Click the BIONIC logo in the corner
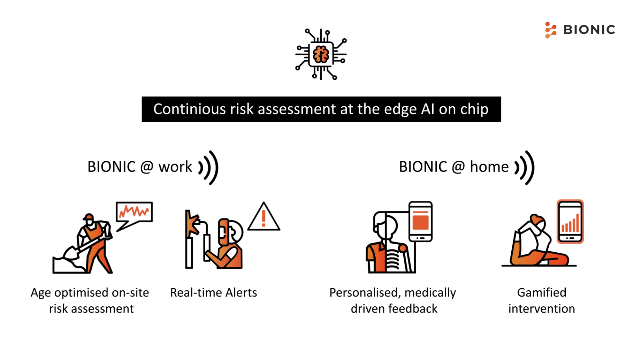pos(580,30)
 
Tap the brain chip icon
pos(321,54)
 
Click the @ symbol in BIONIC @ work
pos(147,167)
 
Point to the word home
pos(489,167)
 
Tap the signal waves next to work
pos(209,168)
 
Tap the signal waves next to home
pos(525,168)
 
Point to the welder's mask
pos(224,232)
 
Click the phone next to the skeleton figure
pos(421,221)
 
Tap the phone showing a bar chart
pos(570,221)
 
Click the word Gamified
pos(542,293)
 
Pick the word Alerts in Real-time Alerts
pos(241,293)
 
